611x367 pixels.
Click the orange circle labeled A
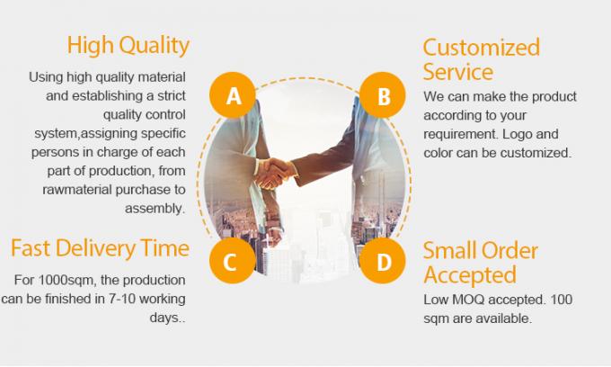[234, 95]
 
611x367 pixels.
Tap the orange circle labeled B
[384, 96]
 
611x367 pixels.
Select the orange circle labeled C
[230, 262]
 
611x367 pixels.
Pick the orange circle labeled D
[384, 262]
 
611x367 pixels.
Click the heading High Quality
[128, 45]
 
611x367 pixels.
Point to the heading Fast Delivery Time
[100, 247]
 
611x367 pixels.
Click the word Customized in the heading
[482, 47]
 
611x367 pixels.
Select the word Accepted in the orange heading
[470, 273]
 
